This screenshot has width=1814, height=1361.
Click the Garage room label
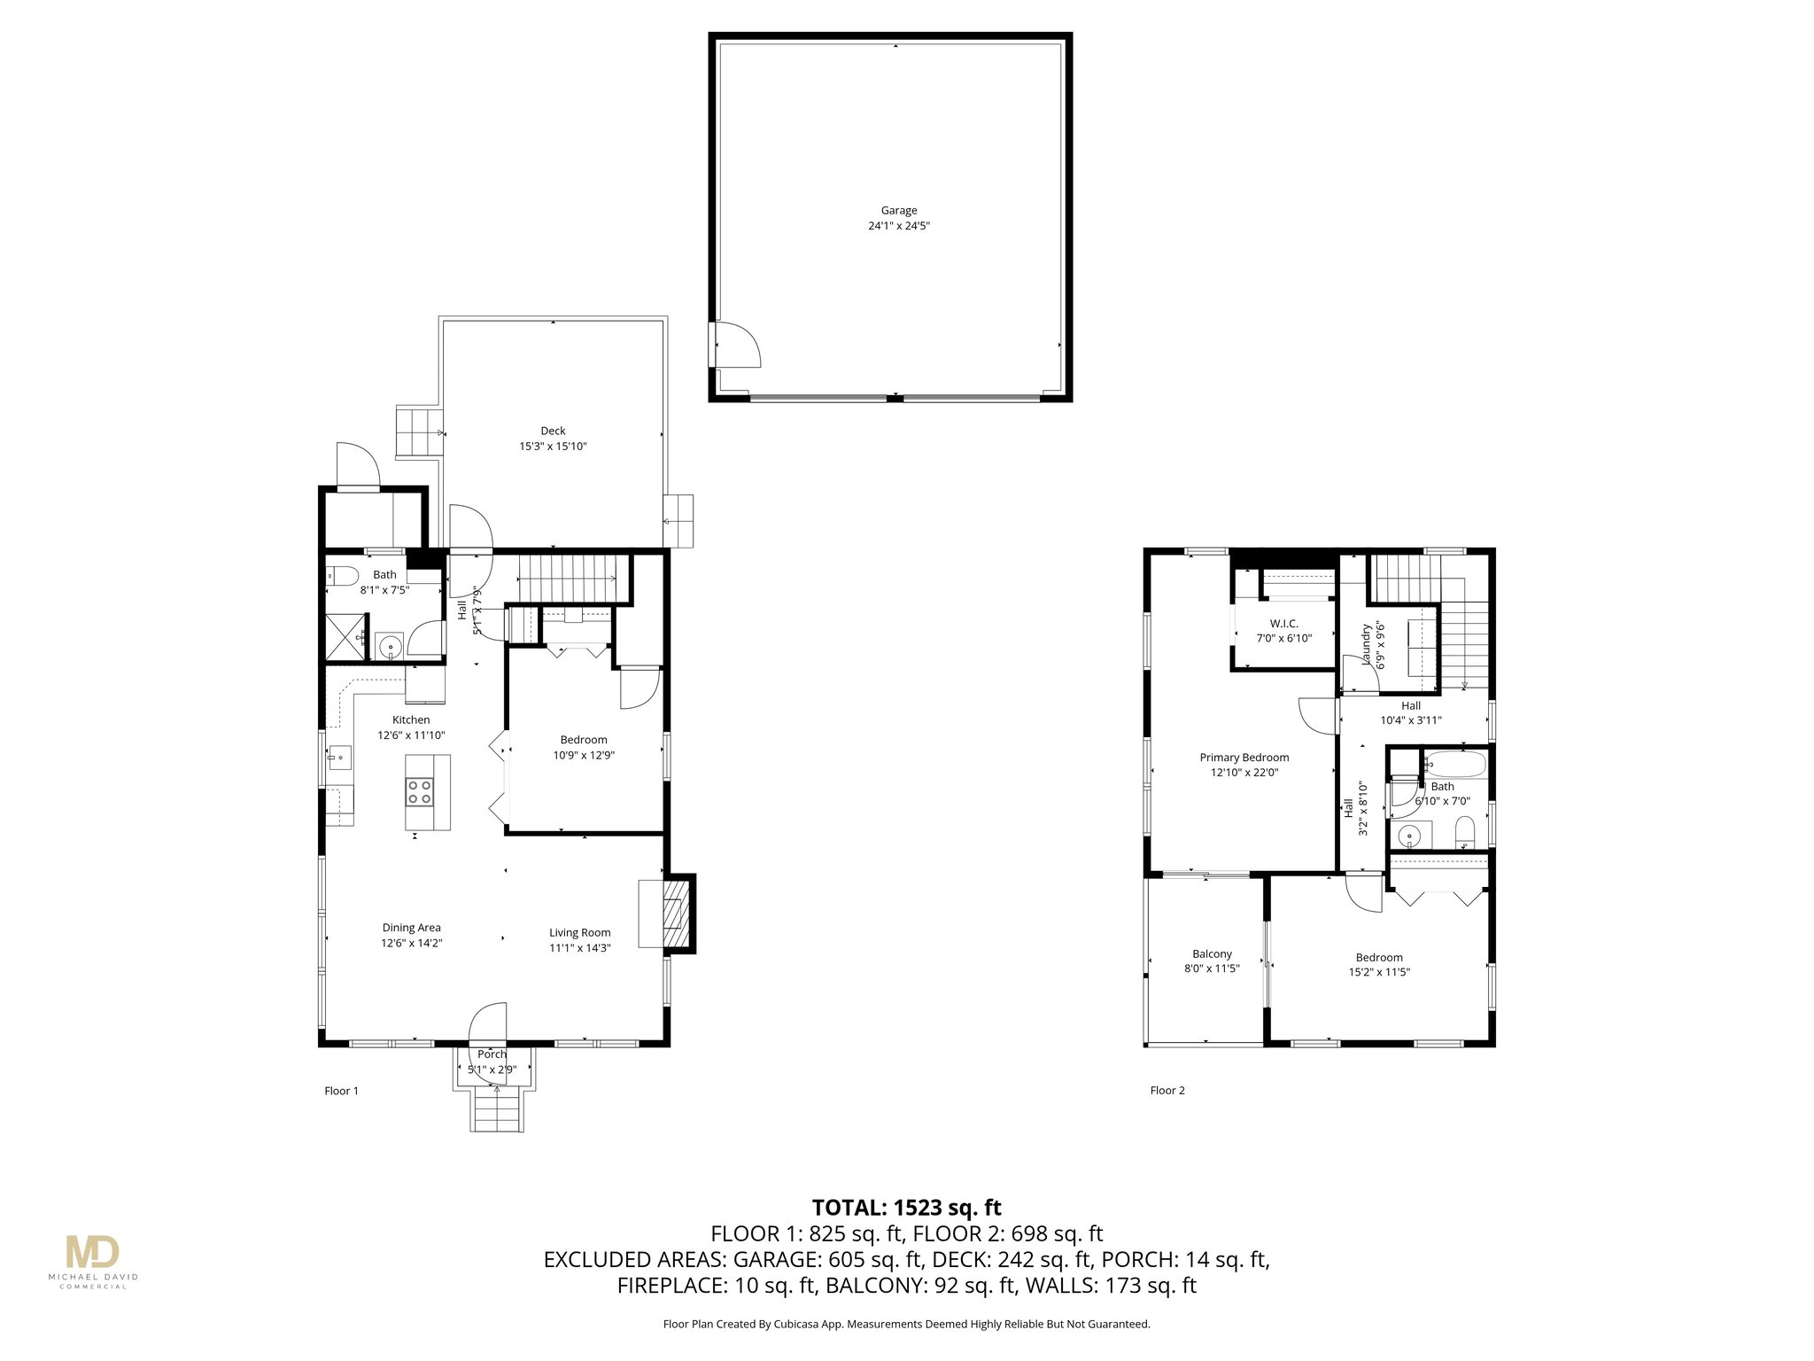click(x=898, y=210)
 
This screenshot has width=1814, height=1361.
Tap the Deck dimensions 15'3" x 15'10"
click(x=553, y=447)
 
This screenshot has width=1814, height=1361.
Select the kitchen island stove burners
click(x=420, y=791)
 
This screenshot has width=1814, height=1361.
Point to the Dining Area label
click(x=411, y=928)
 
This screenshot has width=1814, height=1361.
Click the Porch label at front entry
click(x=492, y=1054)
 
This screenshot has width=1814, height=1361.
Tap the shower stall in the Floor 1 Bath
click(x=345, y=638)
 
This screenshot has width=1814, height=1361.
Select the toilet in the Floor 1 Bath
click(x=340, y=576)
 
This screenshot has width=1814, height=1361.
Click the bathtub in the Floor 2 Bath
click(x=1453, y=763)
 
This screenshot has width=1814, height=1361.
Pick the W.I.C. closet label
click(x=1283, y=624)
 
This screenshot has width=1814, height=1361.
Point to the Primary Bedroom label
click(x=1244, y=758)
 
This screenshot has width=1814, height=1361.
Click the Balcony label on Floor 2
click(x=1212, y=954)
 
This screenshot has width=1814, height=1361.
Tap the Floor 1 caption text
click(x=341, y=1091)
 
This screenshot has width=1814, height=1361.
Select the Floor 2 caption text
click(x=1167, y=1091)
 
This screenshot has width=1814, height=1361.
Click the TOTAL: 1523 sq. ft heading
click(x=907, y=1208)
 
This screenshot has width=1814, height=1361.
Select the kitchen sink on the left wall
click(x=339, y=758)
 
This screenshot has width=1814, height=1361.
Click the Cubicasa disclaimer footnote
click(x=906, y=1325)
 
